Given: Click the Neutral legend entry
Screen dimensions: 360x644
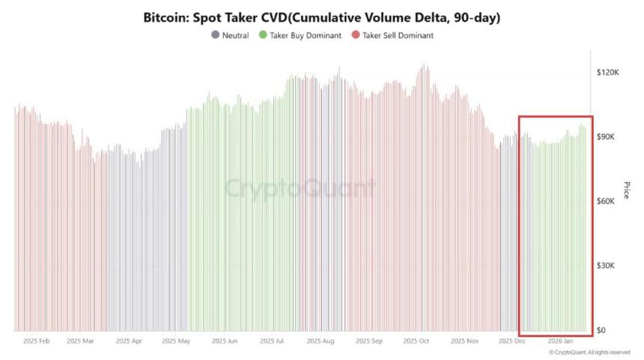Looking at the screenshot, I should coord(235,35).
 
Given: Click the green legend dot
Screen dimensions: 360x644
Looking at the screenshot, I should coord(263,35).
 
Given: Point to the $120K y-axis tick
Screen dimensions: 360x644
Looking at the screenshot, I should coord(607,73).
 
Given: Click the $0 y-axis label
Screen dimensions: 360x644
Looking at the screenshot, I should coord(601,330).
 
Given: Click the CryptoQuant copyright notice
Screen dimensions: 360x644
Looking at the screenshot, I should coord(589,352).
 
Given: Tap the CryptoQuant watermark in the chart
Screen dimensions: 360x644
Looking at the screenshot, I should coord(300,187).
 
